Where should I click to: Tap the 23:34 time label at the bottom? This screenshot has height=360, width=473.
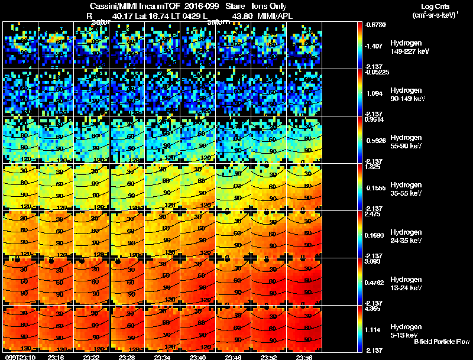[162, 357]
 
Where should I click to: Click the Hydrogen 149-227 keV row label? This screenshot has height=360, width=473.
[409, 47]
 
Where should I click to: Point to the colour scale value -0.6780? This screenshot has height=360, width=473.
[377, 25]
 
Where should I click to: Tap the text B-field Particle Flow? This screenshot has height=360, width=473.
[441, 342]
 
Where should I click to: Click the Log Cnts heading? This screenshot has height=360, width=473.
[432, 6]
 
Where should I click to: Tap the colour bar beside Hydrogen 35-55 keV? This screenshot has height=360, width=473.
[361, 187]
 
